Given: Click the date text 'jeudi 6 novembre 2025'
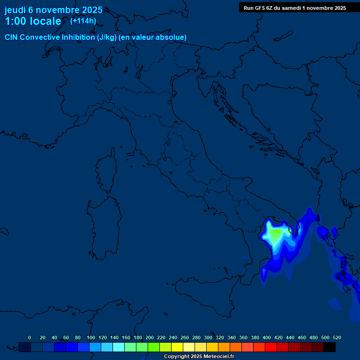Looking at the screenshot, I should click(53, 10).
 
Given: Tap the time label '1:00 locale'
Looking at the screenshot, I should click(33, 21).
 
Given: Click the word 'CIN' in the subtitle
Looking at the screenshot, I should click(12, 37).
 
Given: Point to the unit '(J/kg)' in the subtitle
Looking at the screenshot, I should click(109, 37).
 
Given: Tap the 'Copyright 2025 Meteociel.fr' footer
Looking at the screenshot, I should click(199, 357).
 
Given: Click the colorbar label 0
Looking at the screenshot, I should click(30, 337).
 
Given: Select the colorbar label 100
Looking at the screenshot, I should click(91, 337).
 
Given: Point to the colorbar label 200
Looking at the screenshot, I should click(150, 337).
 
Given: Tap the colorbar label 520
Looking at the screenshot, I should click(337, 337).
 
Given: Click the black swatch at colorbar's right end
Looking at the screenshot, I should click(330, 347).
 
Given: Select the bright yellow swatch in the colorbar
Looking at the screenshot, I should click(177, 347).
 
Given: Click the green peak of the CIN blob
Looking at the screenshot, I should click(276, 232).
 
